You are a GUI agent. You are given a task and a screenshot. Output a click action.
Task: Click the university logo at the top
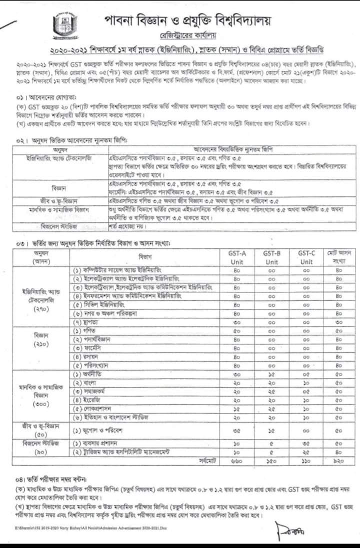[x=62, y=25]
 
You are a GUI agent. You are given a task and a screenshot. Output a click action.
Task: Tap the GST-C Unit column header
[x=306, y=257]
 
